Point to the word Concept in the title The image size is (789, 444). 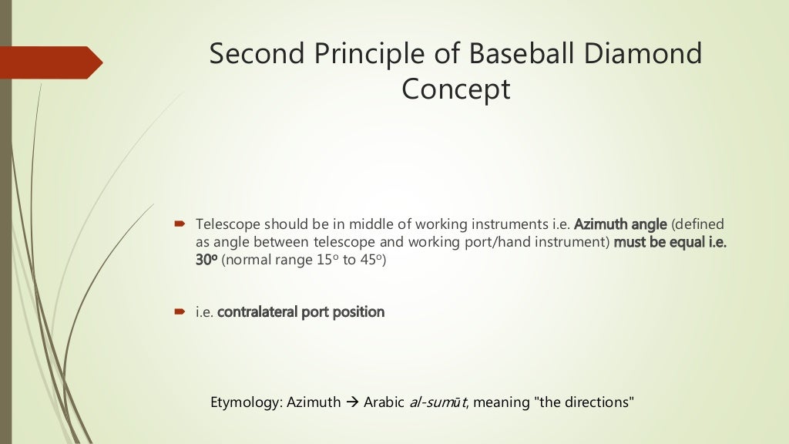tap(455, 89)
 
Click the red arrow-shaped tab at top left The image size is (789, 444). tap(51, 62)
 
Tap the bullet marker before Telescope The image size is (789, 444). tap(179, 224)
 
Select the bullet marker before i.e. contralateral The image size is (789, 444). tap(179, 312)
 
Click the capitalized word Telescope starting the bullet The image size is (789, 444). tap(227, 224)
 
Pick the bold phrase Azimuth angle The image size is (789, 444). tap(620, 224)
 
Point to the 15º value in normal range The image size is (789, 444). tap(326, 260)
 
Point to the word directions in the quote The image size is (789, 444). tap(597, 402)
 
